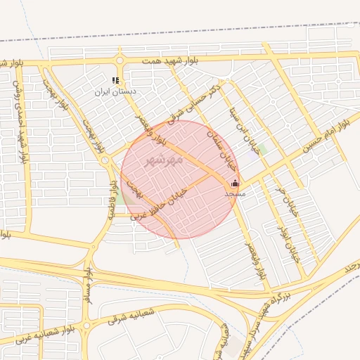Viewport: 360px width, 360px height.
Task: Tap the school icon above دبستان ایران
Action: click(x=116, y=81)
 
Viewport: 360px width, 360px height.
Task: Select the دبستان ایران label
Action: click(x=117, y=92)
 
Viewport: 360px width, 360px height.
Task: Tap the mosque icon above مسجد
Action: click(x=235, y=183)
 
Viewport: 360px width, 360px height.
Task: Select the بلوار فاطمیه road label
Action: click(x=111, y=198)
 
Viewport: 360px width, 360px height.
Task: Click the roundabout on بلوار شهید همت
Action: click(x=120, y=61)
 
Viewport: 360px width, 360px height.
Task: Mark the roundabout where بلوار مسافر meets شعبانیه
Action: click(x=86, y=326)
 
